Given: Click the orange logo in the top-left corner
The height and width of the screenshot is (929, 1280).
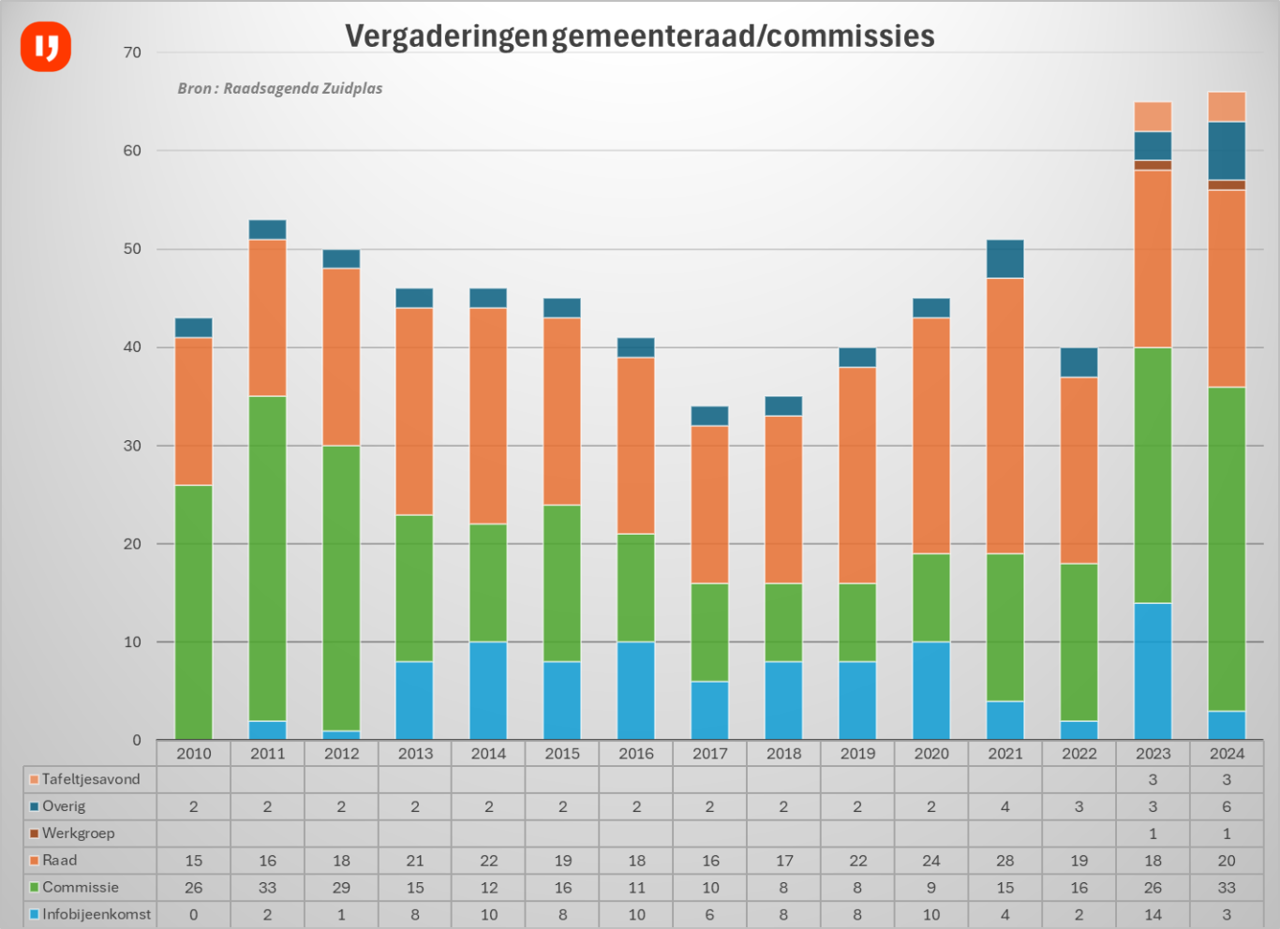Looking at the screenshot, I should pos(46,47).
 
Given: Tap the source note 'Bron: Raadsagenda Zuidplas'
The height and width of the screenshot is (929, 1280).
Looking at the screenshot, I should pos(280,88).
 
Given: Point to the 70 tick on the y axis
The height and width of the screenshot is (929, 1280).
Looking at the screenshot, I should pos(132,52).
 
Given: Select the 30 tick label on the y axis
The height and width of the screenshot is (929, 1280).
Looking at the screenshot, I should pos(132,446).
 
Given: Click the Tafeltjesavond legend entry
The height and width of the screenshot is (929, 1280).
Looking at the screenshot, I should pos(90,779).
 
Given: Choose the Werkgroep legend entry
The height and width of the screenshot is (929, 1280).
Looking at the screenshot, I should pos(78,833).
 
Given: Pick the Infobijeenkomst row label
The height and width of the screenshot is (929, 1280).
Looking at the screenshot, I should pos(96,914).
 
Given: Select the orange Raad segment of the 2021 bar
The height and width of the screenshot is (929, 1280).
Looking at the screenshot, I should pos(1005,416).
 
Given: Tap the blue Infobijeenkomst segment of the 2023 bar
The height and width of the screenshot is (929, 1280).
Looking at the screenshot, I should pos(1153,671).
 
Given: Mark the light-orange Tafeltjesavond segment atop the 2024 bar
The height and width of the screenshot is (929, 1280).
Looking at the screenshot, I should pos(1227,107).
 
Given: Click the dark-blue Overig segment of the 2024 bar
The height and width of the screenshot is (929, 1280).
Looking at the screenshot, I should pos(1227,151).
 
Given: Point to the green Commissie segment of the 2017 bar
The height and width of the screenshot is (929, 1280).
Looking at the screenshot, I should pos(710,632).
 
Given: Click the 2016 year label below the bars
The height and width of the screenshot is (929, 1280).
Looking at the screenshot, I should pos(636,753).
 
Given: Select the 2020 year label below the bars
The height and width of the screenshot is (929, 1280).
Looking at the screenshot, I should pos(931,753).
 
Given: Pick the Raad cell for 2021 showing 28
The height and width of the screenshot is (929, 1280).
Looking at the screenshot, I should pos(1005,860).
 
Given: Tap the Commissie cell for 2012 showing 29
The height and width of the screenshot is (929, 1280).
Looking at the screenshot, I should pos(341,887).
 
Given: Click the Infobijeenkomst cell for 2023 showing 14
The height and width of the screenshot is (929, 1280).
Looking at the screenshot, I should pos(1153,914).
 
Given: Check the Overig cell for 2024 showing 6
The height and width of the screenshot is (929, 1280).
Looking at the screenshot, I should pos(1227,806).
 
